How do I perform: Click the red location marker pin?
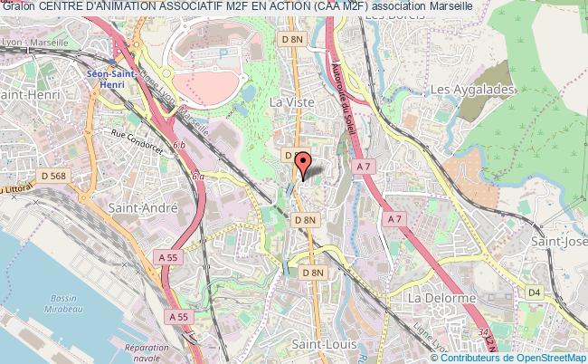tap(303, 164)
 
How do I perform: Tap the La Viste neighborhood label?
tap(292, 103)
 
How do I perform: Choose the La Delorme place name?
tap(441, 298)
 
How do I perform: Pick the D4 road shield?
tap(535, 292)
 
